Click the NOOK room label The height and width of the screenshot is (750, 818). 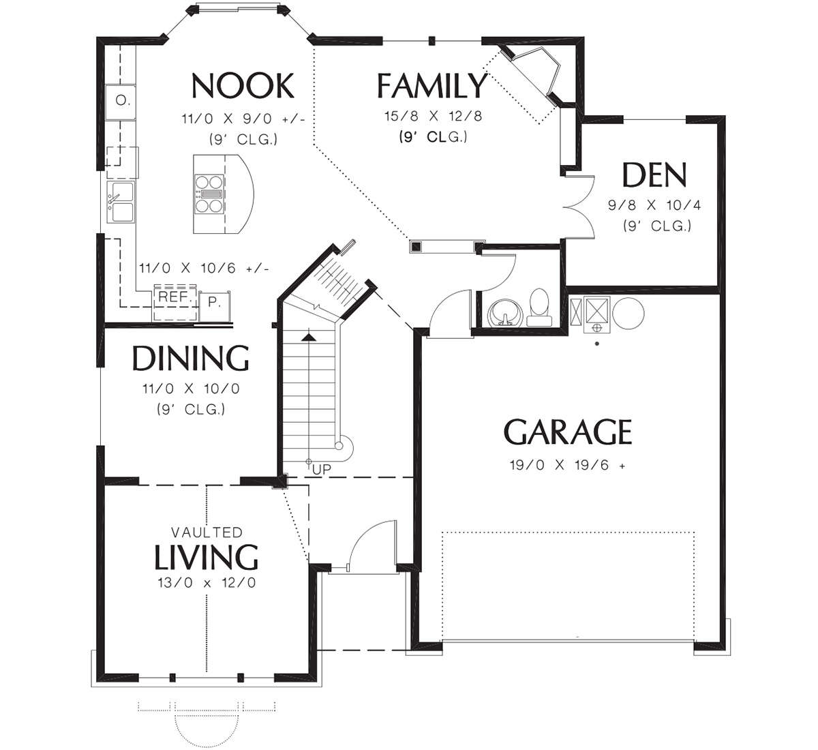(243, 86)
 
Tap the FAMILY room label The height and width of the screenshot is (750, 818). (431, 86)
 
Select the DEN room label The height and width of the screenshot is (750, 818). (654, 175)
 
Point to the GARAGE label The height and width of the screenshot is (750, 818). (568, 432)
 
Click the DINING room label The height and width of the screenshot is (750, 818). (190, 358)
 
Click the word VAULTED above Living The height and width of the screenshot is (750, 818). (207, 532)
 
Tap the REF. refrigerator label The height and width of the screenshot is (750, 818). (175, 297)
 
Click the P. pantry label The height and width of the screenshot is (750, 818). (214, 302)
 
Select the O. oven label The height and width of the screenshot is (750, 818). (122, 100)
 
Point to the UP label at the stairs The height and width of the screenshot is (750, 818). (321, 470)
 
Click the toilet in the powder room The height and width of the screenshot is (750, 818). (539, 307)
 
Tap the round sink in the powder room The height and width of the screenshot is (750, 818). (505, 314)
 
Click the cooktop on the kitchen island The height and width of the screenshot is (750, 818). (209, 194)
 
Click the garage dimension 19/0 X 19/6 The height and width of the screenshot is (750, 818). (567, 465)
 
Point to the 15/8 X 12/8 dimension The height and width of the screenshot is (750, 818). (433, 116)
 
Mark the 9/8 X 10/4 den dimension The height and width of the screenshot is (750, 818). (654, 205)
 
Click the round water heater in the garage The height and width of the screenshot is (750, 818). (628, 314)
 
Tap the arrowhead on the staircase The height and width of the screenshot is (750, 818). (309, 337)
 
